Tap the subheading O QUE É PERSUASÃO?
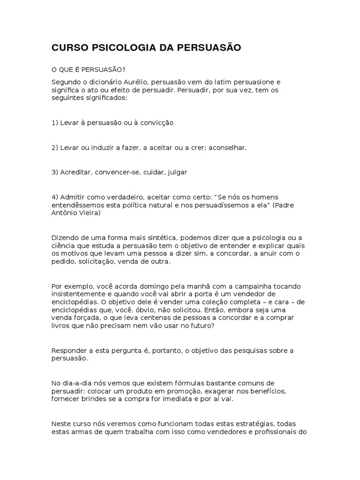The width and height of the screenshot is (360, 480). click(x=89, y=69)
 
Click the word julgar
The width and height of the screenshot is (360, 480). click(x=177, y=172)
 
